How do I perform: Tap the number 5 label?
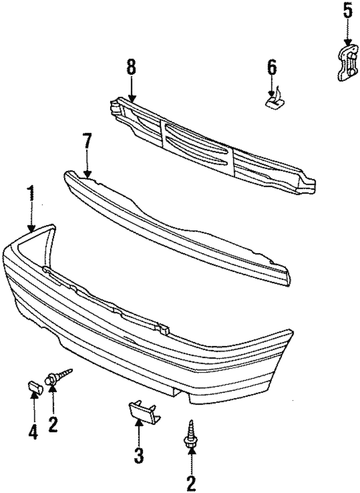point(347,11)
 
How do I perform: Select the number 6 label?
point(272,68)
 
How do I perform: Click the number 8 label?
point(131,68)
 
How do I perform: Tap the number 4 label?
point(33,433)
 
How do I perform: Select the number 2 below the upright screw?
point(191,482)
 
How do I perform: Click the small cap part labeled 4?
point(35,388)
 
